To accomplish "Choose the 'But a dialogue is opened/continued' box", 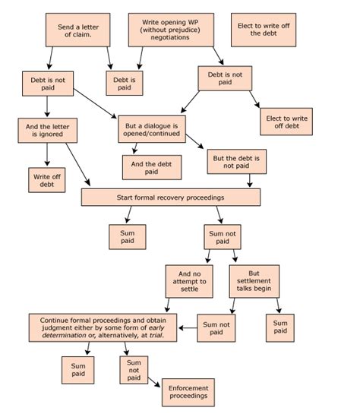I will tap(153, 129).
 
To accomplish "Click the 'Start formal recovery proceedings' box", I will tap(170, 197).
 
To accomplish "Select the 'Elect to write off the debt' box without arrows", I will tap(263, 30).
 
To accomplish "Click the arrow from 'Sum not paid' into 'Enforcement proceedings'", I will tap(153, 384).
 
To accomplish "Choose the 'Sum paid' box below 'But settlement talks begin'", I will tap(280, 327).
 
